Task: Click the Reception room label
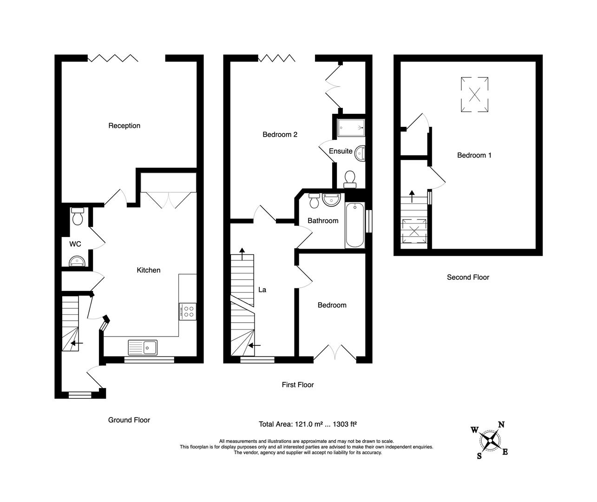[x=124, y=125]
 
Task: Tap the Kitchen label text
[x=148, y=270]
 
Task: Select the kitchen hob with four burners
[x=187, y=311]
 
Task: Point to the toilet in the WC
[x=77, y=217]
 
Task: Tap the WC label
[x=75, y=244]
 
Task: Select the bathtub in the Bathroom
[x=355, y=225]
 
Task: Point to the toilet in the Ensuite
[x=350, y=178]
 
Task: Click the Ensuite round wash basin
[x=360, y=152]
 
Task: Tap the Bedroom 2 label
[x=280, y=135]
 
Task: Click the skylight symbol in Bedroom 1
[x=474, y=94]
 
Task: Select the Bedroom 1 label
[x=474, y=155]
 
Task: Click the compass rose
[x=490, y=440]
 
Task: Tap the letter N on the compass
[x=501, y=424]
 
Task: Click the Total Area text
[x=307, y=424]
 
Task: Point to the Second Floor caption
[x=468, y=277]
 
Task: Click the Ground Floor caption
[x=129, y=420]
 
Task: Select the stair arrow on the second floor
[x=412, y=196]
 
